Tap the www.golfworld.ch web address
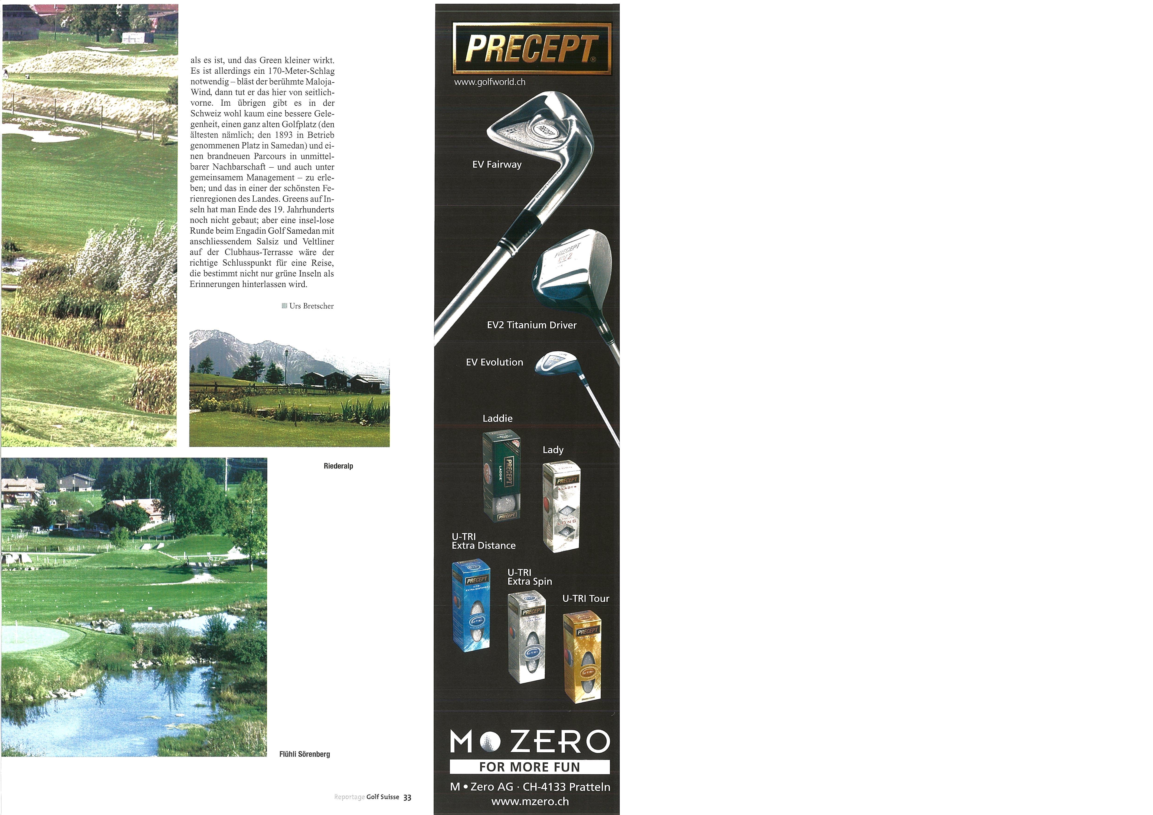[490, 82]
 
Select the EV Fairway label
[497, 165]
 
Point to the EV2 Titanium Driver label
[531, 325]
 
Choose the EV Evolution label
[494, 362]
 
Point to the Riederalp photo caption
[338, 466]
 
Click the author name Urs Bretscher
[311, 306]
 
